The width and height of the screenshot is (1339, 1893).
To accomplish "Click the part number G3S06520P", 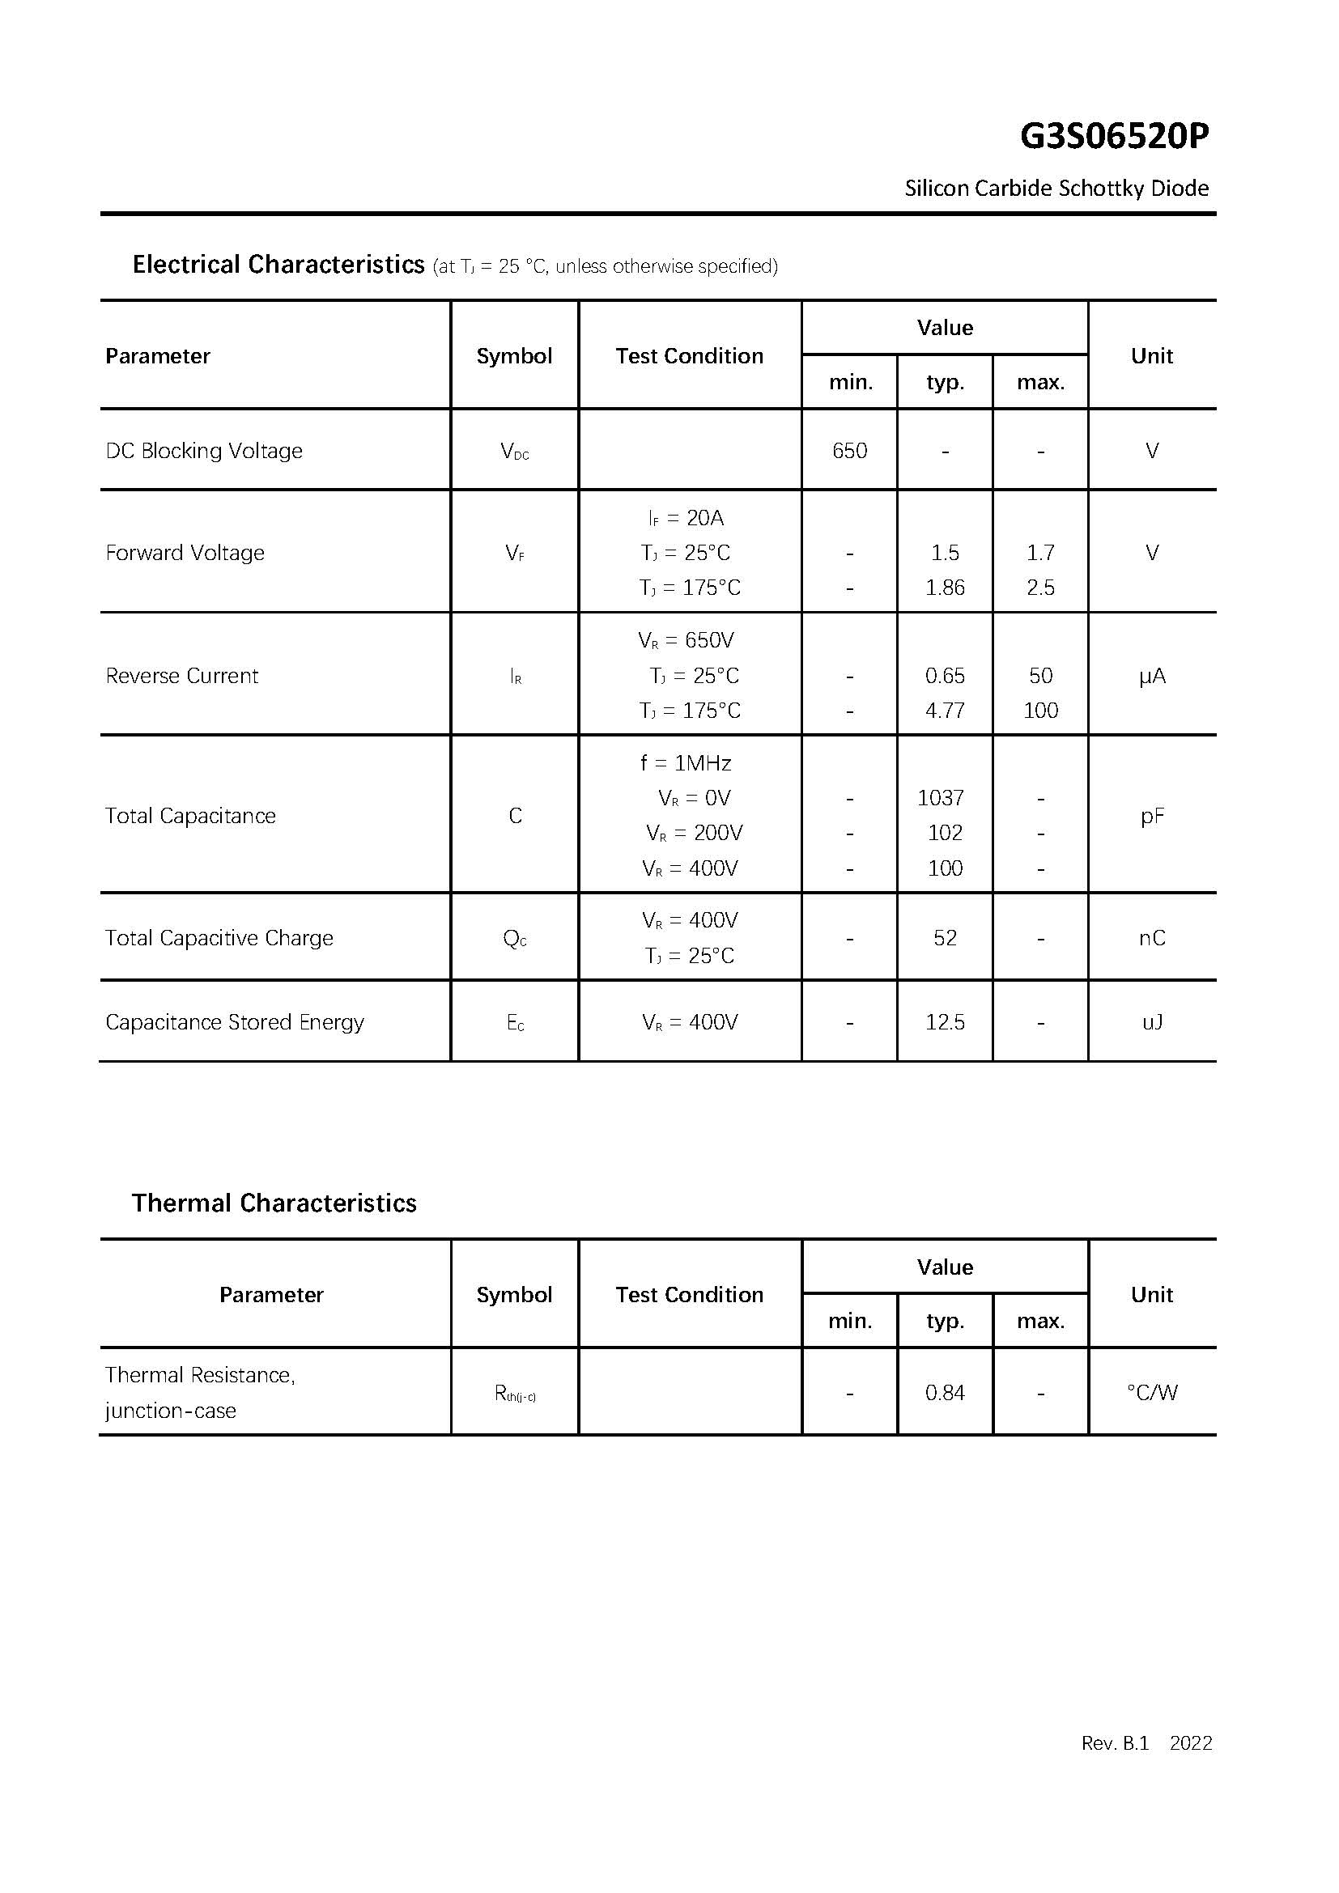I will point(1114,137).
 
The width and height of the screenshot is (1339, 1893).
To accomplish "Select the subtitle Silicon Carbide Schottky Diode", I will point(1056,189).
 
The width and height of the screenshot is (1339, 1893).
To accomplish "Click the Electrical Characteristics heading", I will point(278,265).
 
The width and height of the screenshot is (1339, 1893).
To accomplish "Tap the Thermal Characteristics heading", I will point(274,1203).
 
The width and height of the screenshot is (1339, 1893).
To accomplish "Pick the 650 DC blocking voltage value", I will point(849,451).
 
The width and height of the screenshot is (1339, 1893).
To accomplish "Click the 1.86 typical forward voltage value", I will point(945,588).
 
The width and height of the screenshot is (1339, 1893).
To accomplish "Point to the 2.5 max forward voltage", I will point(1040,588).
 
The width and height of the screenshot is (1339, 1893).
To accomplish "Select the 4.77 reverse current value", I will point(945,711).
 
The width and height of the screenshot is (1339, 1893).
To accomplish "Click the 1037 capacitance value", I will point(941,798).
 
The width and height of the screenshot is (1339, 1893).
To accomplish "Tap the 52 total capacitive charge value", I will point(945,938).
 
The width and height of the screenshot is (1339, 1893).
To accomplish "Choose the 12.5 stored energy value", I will point(945,1022).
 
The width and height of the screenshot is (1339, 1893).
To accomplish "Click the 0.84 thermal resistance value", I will point(945,1394).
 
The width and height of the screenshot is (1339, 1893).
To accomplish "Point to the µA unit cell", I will point(1152,676).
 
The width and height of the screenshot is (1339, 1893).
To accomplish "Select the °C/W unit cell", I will point(1152,1394).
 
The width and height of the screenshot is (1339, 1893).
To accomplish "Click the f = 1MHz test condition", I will point(686,763).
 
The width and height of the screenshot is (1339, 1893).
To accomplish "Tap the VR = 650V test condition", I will point(686,641).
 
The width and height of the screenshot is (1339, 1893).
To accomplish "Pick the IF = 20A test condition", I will point(686,518).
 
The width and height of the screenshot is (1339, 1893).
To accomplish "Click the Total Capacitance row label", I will point(190,817).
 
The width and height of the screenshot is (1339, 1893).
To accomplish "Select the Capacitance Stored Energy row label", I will point(235,1022).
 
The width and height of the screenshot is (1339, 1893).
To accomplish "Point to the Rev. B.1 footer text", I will point(1115,1743).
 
